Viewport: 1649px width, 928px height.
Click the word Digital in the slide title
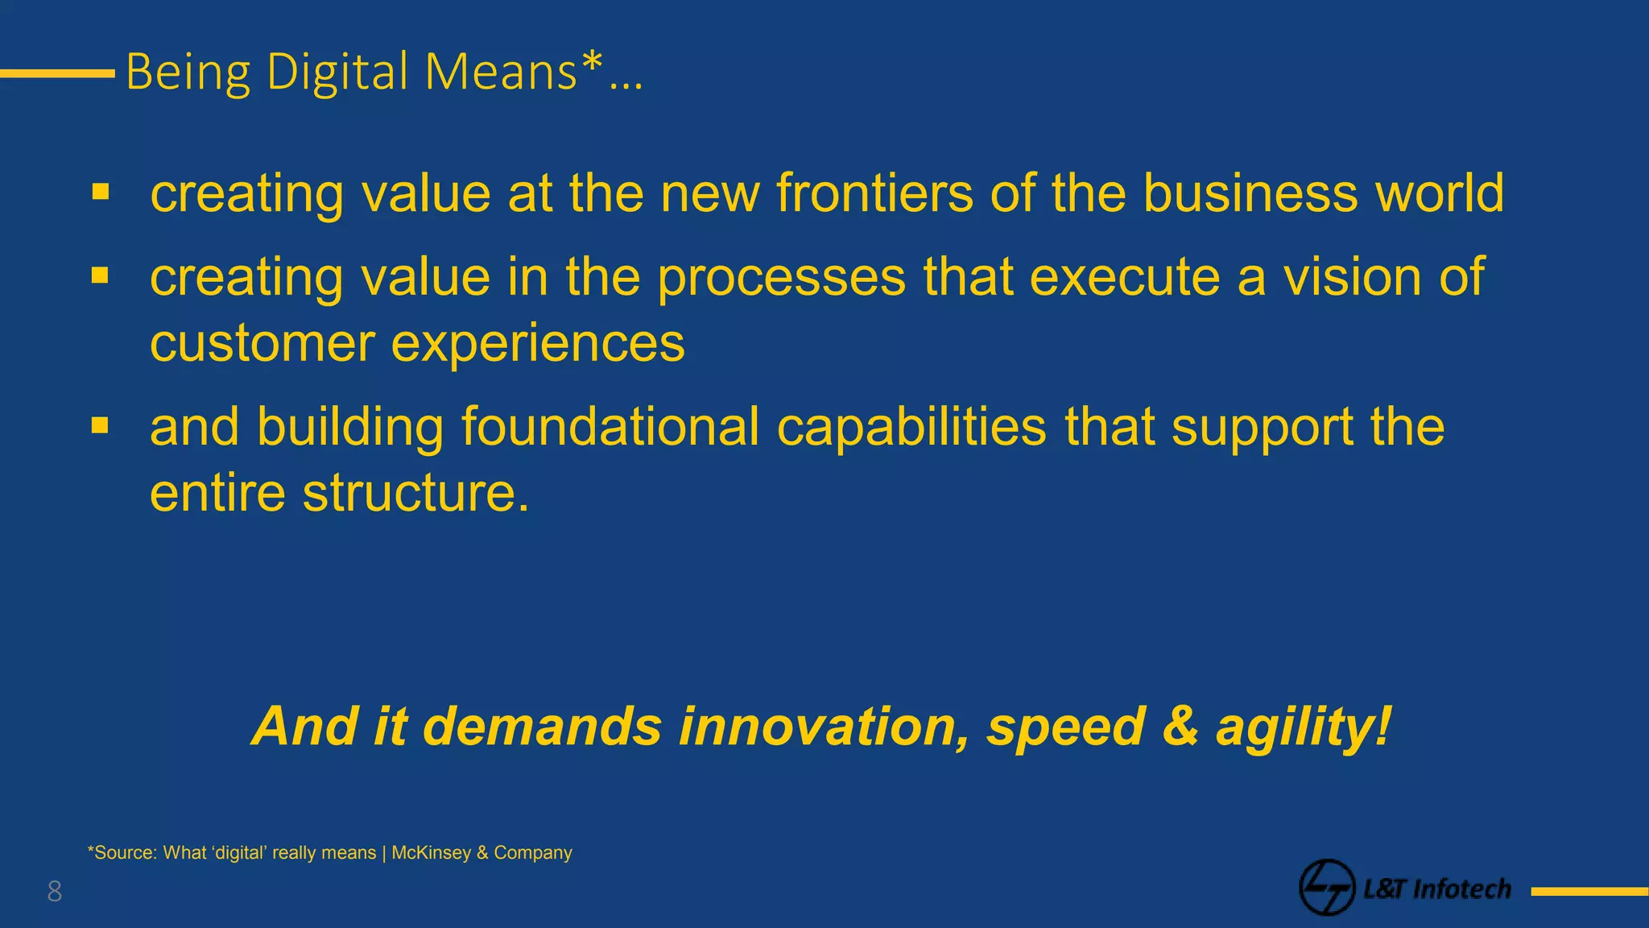[x=337, y=72]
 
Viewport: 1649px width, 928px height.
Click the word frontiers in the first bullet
[x=874, y=193]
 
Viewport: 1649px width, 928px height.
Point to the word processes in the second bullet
[x=781, y=278]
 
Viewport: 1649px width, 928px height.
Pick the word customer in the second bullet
[x=262, y=344]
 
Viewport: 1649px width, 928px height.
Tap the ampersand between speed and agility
[x=1180, y=727]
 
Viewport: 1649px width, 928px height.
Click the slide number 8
[x=55, y=892]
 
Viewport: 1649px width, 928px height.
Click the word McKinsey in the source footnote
[x=431, y=853]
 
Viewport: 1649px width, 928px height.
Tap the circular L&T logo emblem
[x=1326, y=887]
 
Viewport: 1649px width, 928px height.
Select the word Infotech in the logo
[x=1462, y=889]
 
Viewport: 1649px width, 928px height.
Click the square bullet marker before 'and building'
[x=100, y=425]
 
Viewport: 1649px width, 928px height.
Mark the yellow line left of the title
[x=57, y=73]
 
